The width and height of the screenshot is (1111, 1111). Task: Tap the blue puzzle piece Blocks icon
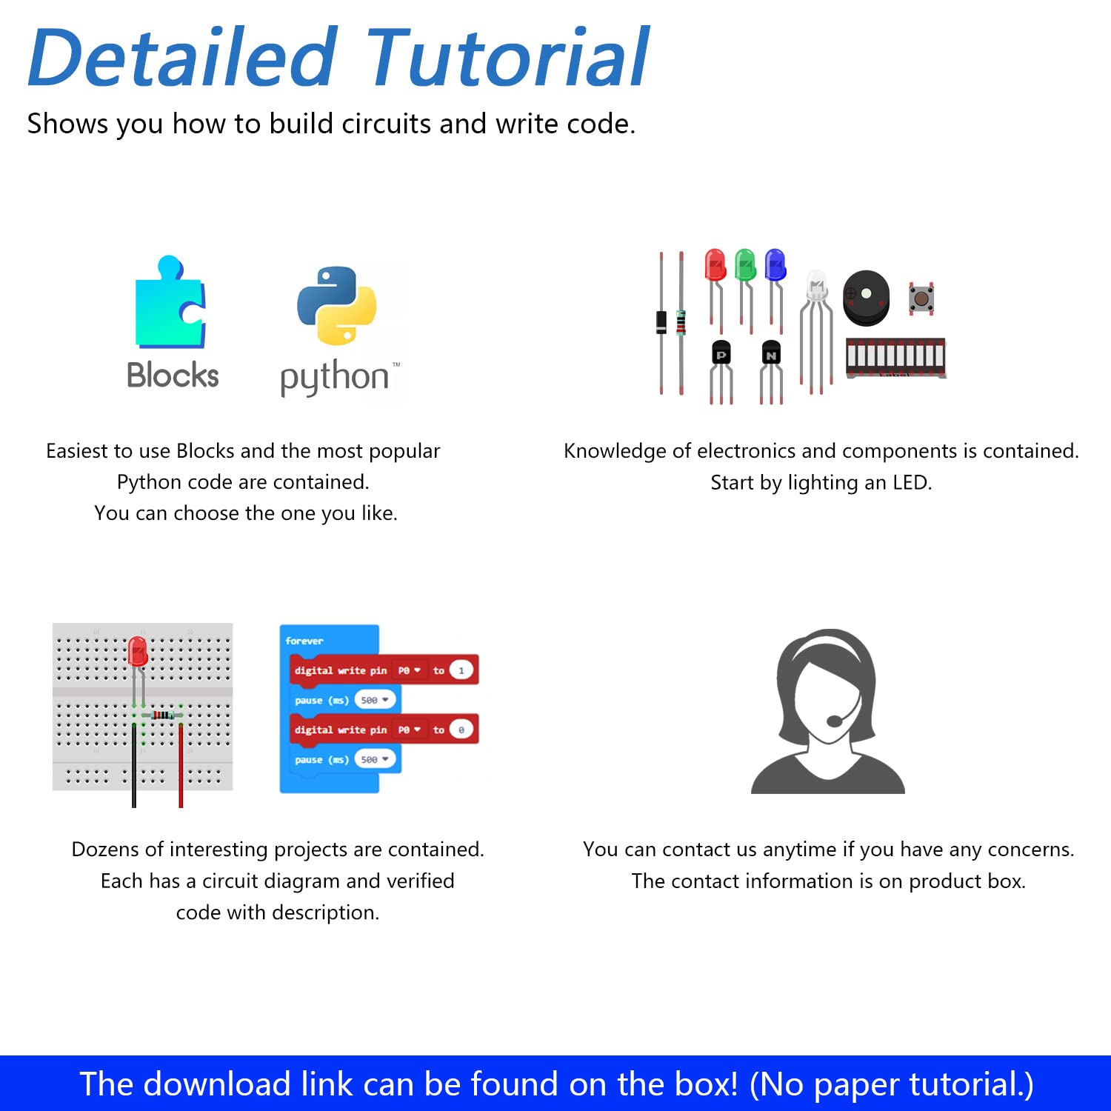(x=170, y=301)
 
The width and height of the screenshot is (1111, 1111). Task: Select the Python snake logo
(x=336, y=305)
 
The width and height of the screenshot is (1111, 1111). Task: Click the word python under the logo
(x=335, y=377)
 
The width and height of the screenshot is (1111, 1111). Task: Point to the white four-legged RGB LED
(x=815, y=330)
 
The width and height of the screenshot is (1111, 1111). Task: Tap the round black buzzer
(x=866, y=298)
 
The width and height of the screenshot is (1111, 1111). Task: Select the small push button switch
(x=921, y=298)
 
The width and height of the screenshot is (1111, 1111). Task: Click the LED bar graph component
(x=896, y=358)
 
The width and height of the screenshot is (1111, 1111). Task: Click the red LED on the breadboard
(x=138, y=652)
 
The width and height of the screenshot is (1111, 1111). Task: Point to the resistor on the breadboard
(x=162, y=715)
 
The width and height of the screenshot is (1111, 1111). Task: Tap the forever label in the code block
(x=304, y=641)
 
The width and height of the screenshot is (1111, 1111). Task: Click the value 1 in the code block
(x=461, y=670)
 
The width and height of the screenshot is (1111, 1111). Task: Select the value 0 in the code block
(x=461, y=730)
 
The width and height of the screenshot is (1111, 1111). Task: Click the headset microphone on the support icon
(x=835, y=720)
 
